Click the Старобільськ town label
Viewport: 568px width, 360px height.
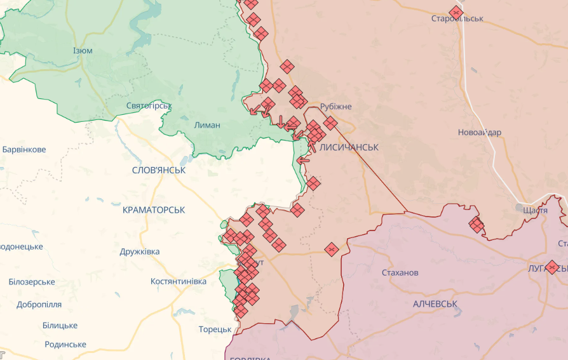tap(457, 18)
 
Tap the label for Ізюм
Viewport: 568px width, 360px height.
tap(83, 51)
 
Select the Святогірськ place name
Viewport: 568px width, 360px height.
tap(149, 105)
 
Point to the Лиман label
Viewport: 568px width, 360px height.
tap(207, 125)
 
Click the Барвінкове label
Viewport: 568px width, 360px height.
tap(24, 150)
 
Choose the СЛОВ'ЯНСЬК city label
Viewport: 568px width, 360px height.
tap(159, 170)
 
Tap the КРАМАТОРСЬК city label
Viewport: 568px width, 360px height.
tap(154, 209)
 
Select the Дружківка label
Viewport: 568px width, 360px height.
tap(140, 251)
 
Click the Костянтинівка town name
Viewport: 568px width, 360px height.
tap(179, 281)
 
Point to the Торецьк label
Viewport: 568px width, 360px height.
tap(215, 329)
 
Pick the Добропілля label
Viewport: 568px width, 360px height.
tap(39, 304)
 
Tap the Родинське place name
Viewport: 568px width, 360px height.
tap(65, 344)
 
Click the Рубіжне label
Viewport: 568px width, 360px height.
tap(336, 107)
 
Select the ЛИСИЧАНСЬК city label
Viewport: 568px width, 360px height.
tap(349, 147)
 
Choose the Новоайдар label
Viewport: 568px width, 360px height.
tap(480, 132)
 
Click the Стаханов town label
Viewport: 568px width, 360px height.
tap(400, 272)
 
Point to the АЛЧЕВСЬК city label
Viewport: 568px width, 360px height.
tap(435, 304)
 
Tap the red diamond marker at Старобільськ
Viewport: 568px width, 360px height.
tap(456, 12)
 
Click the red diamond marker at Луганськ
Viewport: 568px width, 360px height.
tap(552, 267)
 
